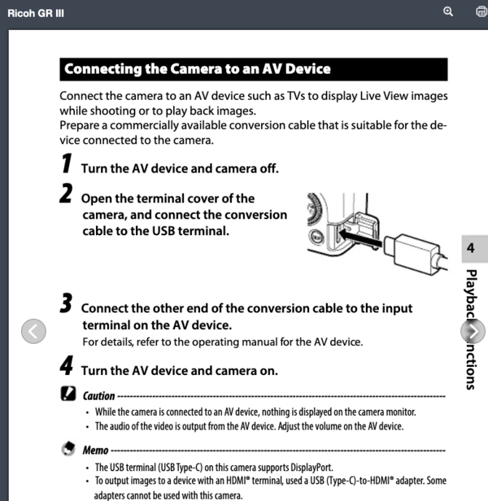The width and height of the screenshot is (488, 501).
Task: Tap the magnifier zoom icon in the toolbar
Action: click(448, 11)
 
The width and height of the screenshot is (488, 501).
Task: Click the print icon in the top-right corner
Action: click(481, 11)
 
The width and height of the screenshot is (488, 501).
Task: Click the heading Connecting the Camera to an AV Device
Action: click(197, 68)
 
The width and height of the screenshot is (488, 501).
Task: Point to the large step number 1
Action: click(67, 165)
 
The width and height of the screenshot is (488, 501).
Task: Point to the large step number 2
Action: click(67, 196)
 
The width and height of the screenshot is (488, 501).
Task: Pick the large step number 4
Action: click(67, 368)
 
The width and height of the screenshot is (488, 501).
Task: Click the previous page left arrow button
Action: click(33, 330)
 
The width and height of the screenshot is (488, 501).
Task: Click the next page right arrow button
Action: click(473, 331)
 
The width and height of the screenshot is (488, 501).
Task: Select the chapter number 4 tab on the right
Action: click(471, 249)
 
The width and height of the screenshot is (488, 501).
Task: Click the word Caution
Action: click(99, 396)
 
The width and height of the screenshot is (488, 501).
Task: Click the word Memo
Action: click(95, 450)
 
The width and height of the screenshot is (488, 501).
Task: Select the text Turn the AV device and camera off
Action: click(180, 168)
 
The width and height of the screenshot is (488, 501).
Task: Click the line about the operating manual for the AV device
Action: click(222, 341)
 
